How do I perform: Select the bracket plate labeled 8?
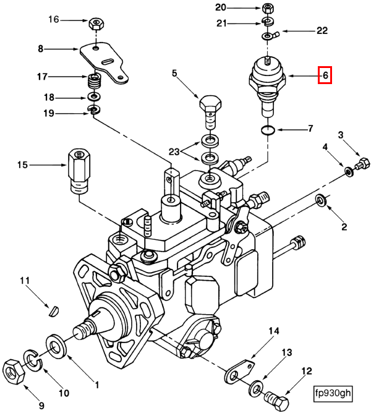click(x=105, y=62)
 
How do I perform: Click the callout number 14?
click(x=274, y=331)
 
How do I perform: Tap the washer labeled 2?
click(x=322, y=200)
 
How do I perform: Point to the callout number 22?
click(x=322, y=30)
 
